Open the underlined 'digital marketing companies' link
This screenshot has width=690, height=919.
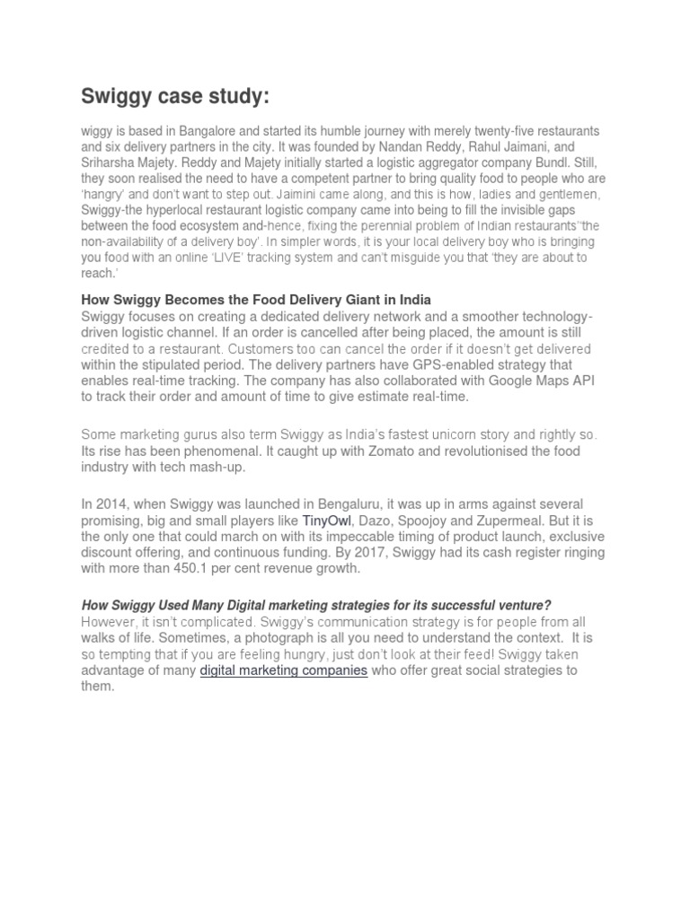[283, 671]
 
